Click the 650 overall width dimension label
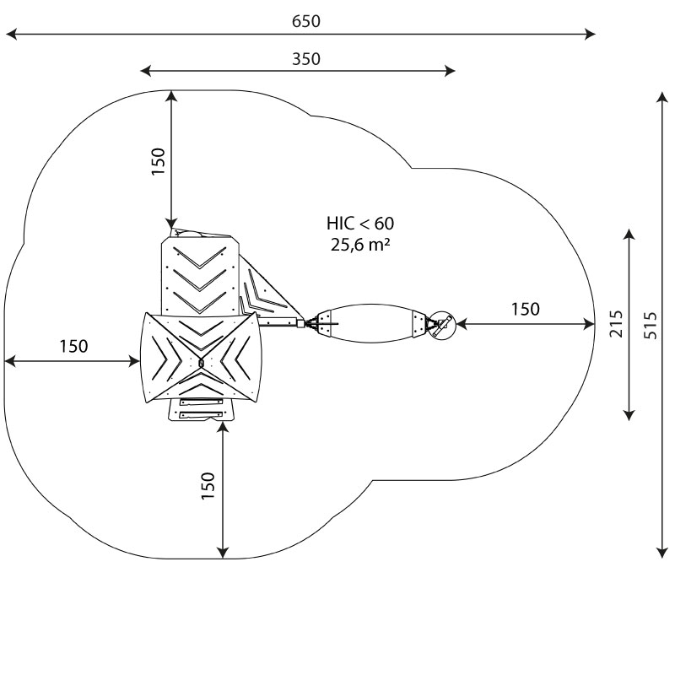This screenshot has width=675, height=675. [306, 21]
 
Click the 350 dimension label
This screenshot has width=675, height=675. [306, 59]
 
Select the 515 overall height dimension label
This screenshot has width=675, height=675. [651, 326]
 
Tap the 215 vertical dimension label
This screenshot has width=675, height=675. [617, 324]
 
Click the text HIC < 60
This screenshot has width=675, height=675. [360, 224]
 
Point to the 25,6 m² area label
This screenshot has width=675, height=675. [360, 245]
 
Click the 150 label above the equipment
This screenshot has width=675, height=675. [159, 161]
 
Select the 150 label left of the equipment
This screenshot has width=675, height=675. [73, 346]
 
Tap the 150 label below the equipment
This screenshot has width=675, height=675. [208, 486]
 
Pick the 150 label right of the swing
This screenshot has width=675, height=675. [525, 309]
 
